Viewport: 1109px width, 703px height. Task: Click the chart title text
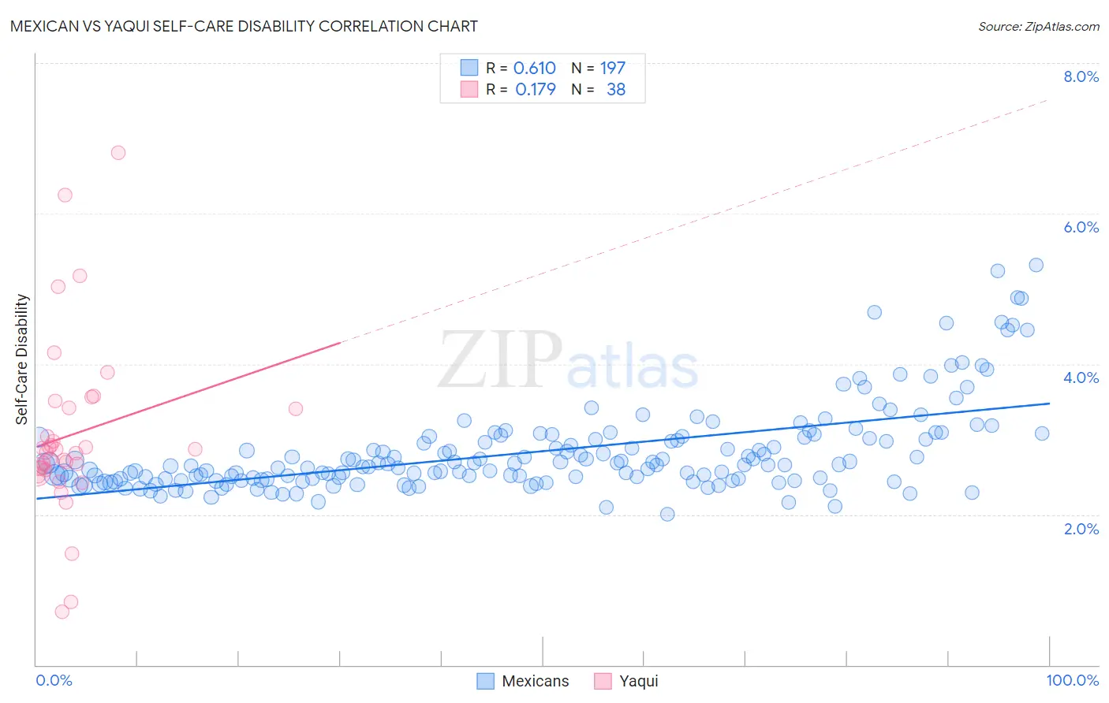click(244, 26)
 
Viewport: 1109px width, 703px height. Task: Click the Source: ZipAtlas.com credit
click(1038, 26)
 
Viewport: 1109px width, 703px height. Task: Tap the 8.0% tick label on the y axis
click(1081, 76)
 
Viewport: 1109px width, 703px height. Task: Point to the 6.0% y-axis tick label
click(1081, 227)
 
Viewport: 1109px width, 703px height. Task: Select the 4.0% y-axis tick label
click(1081, 378)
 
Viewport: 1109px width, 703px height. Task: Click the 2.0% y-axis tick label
click(1081, 529)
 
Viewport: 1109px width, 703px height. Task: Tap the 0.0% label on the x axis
click(54, 680)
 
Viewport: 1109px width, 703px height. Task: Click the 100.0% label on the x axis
click(1072, 680)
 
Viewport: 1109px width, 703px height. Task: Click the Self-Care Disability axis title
click(22, 359)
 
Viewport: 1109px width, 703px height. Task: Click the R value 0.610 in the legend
click(534, 69)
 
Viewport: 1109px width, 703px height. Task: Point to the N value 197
click(612, 69)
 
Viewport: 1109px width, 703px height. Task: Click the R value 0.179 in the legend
click(535, 90)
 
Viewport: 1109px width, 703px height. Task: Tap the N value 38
click(615, 90)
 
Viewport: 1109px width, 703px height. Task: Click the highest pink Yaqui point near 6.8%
click(118, 153)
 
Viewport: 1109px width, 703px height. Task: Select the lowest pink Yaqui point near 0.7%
click(62, 612)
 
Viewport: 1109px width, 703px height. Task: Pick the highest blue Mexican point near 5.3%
click(1036, 266)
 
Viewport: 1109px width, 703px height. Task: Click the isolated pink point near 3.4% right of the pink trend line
click(296, 408)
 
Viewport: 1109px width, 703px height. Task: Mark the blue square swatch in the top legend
click(469, 68)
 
